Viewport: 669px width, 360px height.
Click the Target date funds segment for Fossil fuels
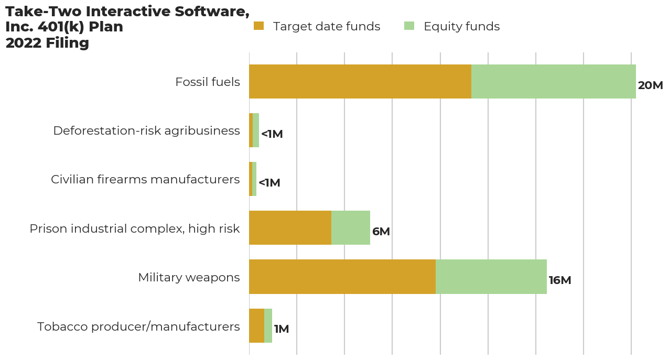pos(360,81)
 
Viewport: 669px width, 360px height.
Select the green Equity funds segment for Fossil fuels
pos(553,81)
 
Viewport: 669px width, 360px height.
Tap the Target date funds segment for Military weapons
pos(342,277)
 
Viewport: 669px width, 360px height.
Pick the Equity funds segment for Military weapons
pos(491,277)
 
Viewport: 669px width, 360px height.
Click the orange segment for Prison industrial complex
pos(290,228)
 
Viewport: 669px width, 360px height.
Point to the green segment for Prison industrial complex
pos(350,228)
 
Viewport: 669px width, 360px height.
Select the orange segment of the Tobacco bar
pos(256,325)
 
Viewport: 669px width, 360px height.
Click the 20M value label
pos(650,85)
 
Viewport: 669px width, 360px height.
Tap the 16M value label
pos(559,280)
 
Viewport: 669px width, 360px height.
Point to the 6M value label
pos(381,232)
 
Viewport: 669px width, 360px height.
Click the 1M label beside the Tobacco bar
pos(281,329)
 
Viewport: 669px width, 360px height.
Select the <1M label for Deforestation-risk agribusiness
pos(272,134)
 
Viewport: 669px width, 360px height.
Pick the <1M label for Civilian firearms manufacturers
pos(269,183)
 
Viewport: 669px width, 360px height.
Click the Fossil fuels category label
pos(207,82)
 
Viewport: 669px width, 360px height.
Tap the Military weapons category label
pos(189,277)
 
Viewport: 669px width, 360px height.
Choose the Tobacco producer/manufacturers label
pos(138,326)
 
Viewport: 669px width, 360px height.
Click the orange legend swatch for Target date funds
pos(258,26)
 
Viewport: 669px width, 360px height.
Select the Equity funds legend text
pos(461,26)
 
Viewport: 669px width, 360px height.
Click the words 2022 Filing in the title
pos(47,43)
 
